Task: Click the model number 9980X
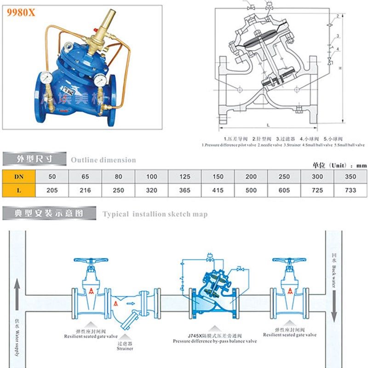tap(20, 13)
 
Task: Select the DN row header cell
tap(18, 176)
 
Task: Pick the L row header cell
tap(18, 190)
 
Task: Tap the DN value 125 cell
tap(184, 176)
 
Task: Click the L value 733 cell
tap(351, 190)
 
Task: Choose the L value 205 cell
tap(52, 190)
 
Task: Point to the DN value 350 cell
tap(351, 176)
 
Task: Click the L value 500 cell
tap(251, 190)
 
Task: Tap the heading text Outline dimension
tap(103, 160)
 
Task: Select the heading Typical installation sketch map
tap(155, 214)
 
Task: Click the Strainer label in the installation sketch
tap(125, 349)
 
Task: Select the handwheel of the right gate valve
tap(289, 260)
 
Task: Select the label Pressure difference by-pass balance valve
tap(215, 341)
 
